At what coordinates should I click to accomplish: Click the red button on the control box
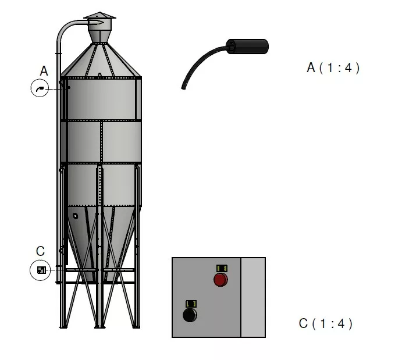220,280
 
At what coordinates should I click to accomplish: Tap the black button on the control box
190,315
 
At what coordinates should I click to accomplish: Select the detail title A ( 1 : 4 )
333,68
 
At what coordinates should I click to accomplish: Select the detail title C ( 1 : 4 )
326,324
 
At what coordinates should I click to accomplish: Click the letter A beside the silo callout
44,71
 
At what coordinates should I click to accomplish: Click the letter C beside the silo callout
40,251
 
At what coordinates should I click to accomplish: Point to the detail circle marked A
40,89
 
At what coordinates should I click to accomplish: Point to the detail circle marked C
40,270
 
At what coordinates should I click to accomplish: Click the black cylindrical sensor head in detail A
248,47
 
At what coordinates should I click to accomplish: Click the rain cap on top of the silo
99,16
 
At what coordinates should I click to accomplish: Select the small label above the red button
222,268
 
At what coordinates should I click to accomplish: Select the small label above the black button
190,304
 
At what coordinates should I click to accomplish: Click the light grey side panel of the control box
253,297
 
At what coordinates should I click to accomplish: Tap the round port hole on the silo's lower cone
75,216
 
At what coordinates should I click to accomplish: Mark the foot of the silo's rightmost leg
138,326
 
